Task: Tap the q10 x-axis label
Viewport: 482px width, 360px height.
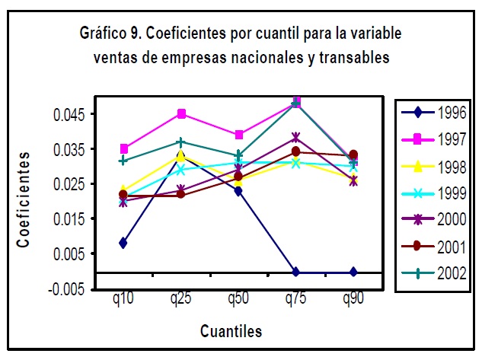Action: pos(123,299)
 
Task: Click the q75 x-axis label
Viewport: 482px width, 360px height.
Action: pos(295,299)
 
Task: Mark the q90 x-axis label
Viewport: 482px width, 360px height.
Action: pos(353,299)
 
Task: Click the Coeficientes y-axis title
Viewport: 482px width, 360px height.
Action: pos(24,199)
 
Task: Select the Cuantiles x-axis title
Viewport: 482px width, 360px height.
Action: pos(231,330)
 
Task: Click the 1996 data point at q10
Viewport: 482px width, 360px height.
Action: pos(123,243)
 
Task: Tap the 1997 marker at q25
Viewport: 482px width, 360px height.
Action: pos(181,113)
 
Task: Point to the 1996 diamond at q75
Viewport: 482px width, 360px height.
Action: pos(295,272)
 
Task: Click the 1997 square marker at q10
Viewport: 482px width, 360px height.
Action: pos(123,148)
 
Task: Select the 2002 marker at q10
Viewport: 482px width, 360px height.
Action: pos(123,161)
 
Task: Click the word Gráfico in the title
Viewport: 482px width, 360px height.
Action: pos(104,34)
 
